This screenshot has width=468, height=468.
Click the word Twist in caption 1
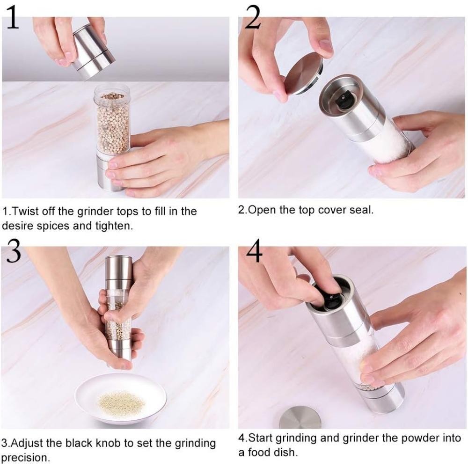point(22,212)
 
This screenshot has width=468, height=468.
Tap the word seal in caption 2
point(361,210)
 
